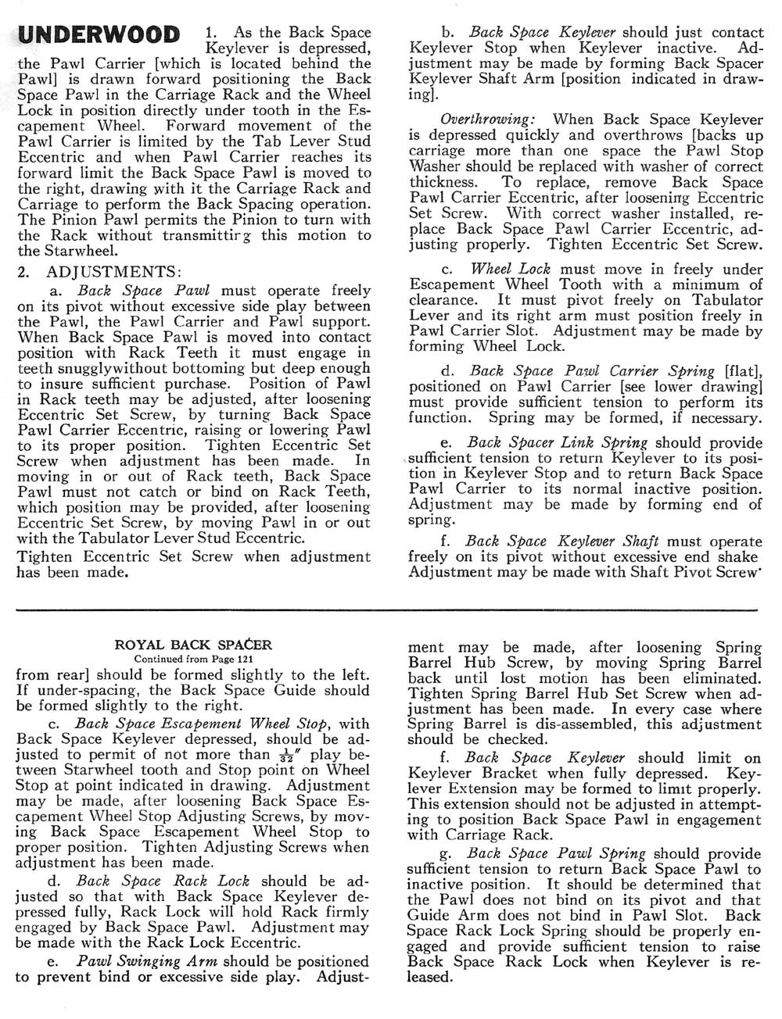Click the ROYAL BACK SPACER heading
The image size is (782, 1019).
tap(193, 645)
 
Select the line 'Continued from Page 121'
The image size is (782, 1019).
tap(193, 658)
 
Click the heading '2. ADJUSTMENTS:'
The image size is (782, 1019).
tap(99, 273)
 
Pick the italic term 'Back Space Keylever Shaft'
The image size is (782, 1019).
tap(561, 541)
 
